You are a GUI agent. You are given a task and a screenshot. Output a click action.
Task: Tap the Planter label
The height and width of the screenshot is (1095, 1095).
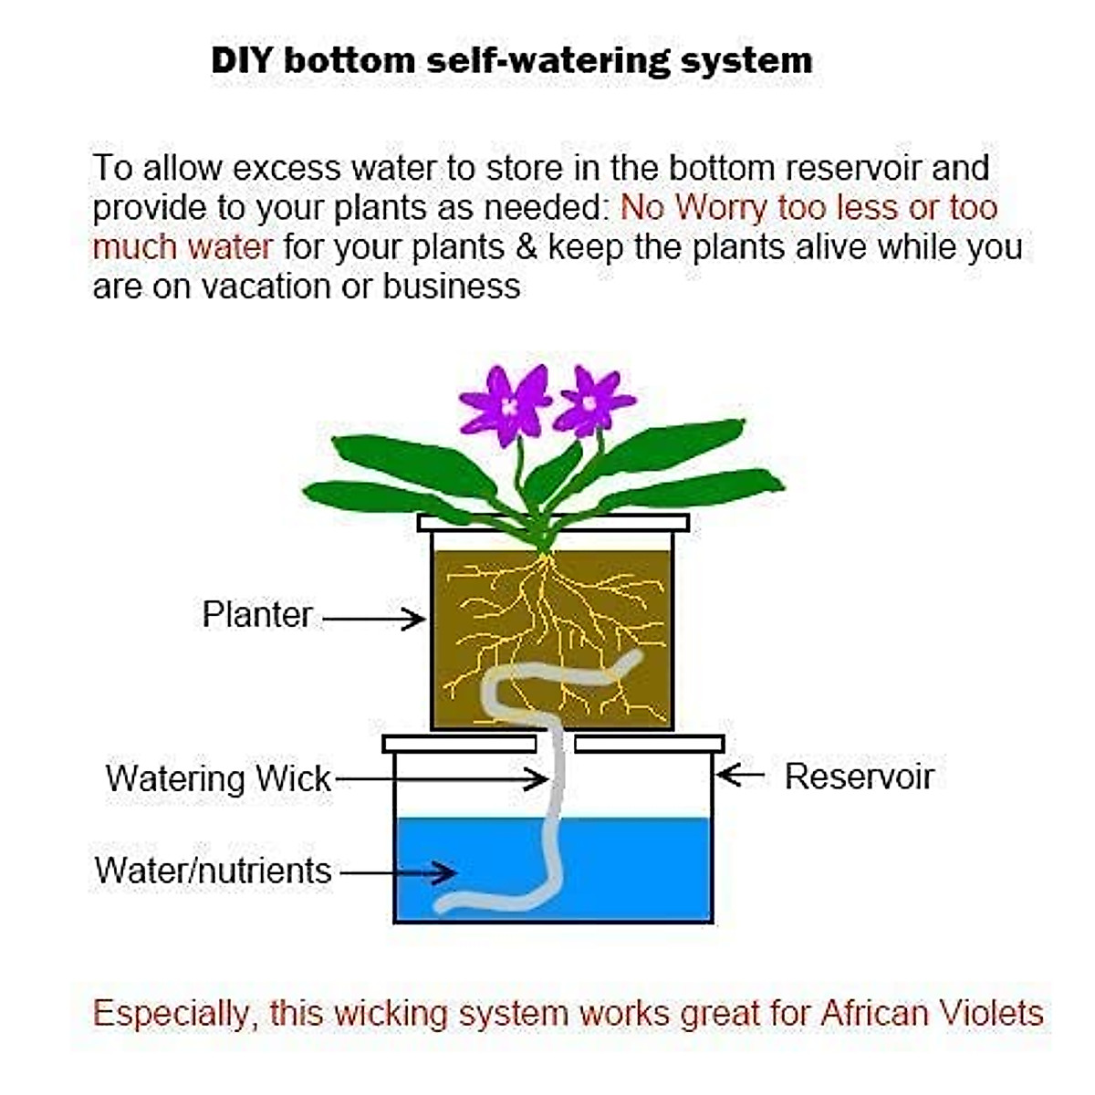[257, 614]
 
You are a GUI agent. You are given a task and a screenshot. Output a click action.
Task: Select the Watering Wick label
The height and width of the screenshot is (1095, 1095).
[218, 778]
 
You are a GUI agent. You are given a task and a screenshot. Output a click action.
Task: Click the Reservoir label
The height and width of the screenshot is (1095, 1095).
[859, 777]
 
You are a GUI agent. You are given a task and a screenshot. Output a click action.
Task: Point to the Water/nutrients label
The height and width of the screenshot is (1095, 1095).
[213, 871]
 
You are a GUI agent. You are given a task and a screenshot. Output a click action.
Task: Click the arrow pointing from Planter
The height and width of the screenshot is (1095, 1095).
[374, 620]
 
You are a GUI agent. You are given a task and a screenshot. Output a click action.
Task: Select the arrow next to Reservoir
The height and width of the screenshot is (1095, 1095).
[741, 776]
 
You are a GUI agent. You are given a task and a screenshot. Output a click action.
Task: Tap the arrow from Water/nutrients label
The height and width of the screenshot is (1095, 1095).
[399, 872]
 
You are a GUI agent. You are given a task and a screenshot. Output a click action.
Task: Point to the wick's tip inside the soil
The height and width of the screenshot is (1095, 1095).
[633, 659]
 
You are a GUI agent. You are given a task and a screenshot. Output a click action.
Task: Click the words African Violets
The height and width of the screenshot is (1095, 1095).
[932, 1013]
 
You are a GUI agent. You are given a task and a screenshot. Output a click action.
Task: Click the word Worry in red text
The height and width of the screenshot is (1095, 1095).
[721, 208]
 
